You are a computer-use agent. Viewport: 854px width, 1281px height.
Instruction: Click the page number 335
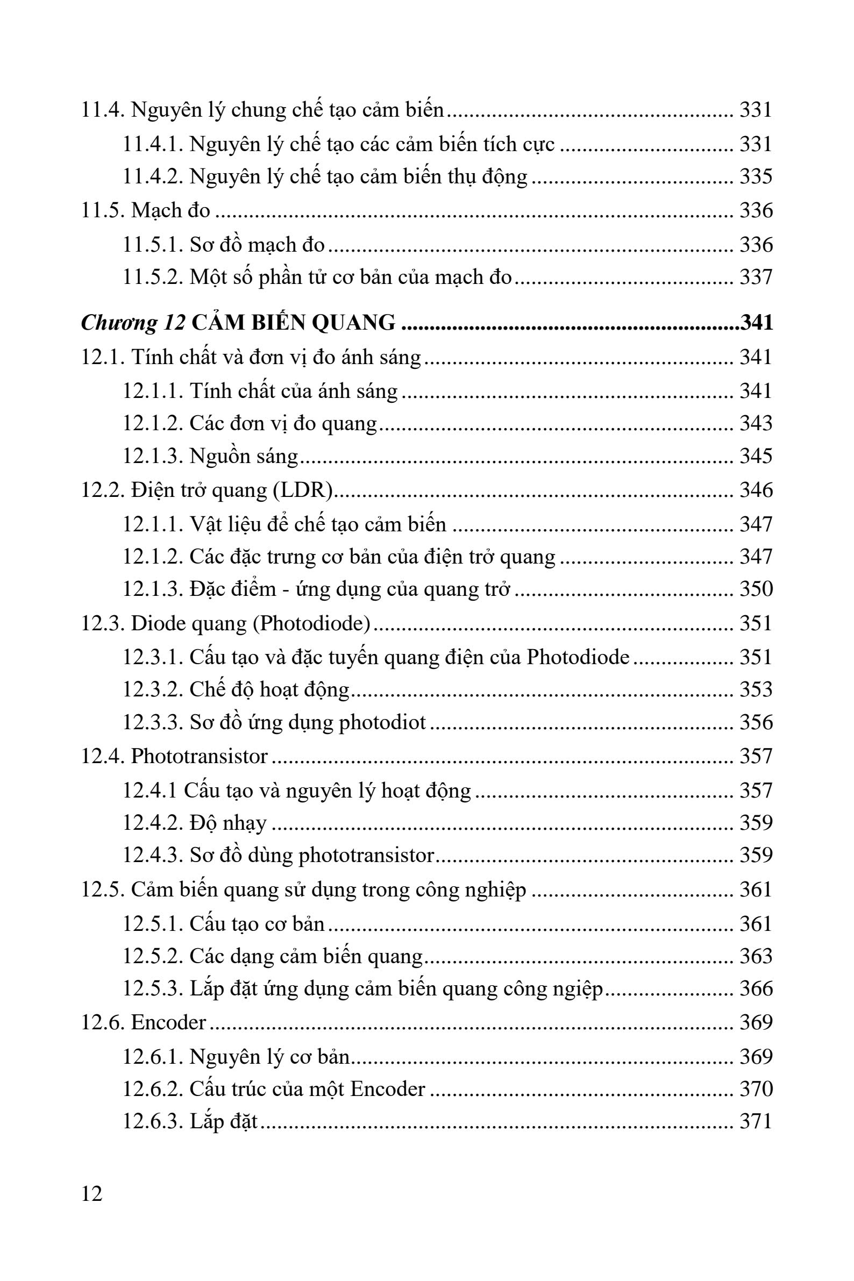(756, 177)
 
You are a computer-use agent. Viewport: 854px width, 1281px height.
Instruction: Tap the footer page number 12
(91, 1194)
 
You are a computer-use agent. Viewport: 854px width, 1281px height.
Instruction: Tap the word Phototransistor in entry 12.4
(200, 756)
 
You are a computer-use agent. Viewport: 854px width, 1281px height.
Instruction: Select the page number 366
(756, 988)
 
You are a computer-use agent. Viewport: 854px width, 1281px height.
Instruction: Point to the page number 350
(756, 589)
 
